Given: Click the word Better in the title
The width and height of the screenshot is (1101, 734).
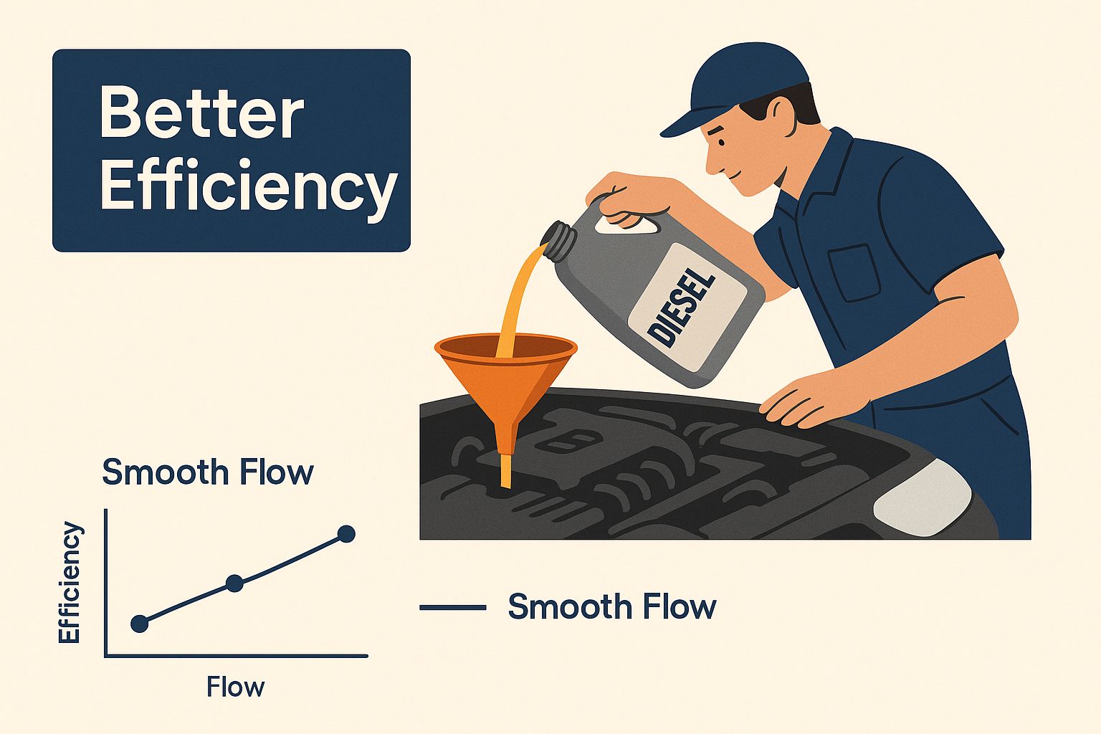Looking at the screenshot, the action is [x=202, y=111].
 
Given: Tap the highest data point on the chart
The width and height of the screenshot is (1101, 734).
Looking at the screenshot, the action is [x=346, y=534].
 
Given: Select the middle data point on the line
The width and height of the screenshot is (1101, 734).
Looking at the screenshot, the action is [x=234, y=583].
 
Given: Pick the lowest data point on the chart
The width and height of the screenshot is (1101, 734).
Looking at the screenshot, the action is [x=140, y=624].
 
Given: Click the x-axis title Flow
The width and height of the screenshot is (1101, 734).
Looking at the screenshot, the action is [x=235, y=687].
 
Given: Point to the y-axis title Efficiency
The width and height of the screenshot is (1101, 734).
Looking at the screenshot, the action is [x=69, y=583].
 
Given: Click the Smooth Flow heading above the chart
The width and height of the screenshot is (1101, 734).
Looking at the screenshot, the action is [x=207, y=472].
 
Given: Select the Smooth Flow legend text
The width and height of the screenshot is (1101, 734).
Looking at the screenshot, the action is [x=612, y=606].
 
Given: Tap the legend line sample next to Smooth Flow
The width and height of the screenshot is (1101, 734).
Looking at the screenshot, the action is [x=453, y=608].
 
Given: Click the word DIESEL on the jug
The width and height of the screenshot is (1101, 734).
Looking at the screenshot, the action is [x=681, y=308].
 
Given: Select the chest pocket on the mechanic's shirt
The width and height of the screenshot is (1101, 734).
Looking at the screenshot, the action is [x=854, y=272].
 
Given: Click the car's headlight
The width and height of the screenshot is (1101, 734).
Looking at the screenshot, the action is [x=923, y=497].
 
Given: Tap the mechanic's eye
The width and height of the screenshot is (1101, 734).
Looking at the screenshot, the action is [x=722, y=143].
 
